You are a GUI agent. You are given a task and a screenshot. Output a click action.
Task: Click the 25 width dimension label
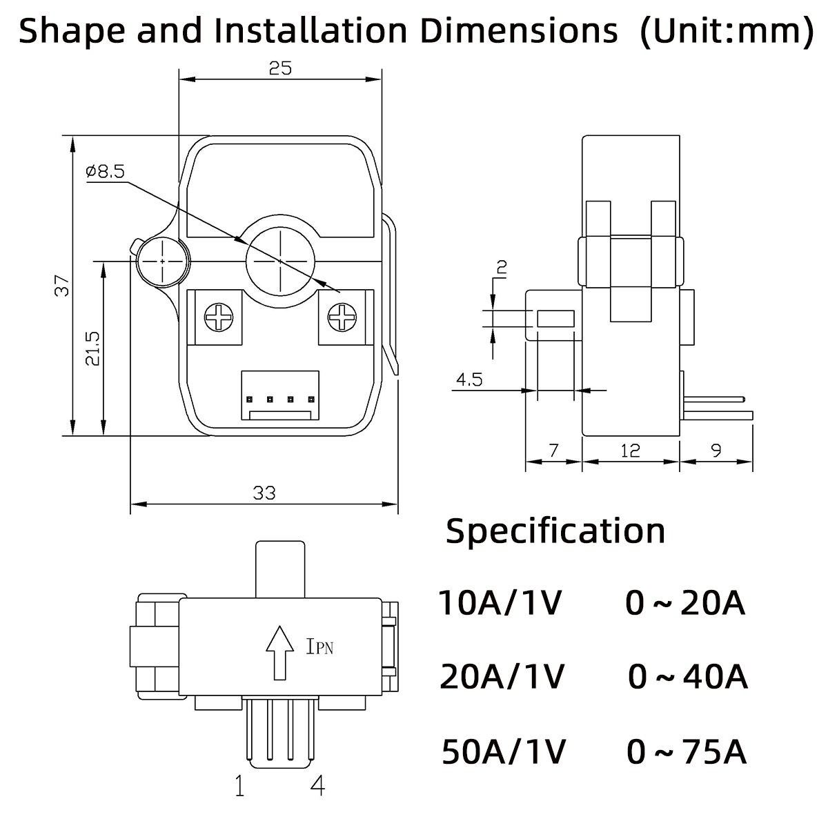coord(281,68)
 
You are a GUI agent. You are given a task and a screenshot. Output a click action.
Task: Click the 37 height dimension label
coord(63,286)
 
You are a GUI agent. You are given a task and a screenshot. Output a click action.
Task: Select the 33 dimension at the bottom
coord(264,493)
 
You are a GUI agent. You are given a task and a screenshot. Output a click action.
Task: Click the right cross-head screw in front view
coord(340,318)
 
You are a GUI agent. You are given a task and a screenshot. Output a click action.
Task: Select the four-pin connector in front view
coord(281,396)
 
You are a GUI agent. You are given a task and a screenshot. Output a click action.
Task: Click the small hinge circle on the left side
coord(161,262)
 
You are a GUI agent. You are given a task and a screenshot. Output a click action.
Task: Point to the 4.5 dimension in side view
coord(469,379)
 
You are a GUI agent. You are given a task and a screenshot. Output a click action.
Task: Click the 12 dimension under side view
coord(629,451)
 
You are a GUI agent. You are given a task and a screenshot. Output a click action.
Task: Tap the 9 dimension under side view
coord(716,451)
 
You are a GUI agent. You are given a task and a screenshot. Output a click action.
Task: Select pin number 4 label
coord(318,786)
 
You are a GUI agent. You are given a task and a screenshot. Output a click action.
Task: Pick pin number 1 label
coord(239,786)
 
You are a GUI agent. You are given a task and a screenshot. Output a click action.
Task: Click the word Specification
coord(555,531)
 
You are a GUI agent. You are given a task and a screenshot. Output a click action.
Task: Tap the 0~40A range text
coord(688,678)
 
